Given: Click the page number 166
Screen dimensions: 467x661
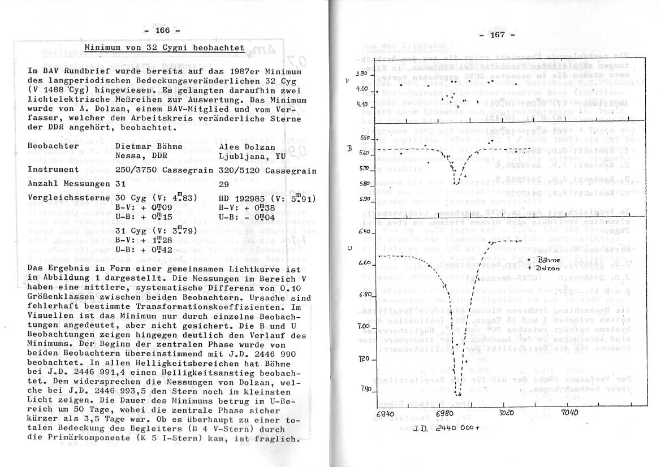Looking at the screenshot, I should pos(162,31).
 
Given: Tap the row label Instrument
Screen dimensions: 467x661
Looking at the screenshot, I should pos(54,169).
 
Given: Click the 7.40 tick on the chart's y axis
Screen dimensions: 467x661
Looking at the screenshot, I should pos(365,389).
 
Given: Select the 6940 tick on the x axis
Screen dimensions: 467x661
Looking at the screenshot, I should pos(384,413).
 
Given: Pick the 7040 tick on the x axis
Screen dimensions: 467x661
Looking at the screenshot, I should pos(569,412).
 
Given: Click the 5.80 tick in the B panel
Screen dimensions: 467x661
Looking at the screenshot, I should pos(364,184).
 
